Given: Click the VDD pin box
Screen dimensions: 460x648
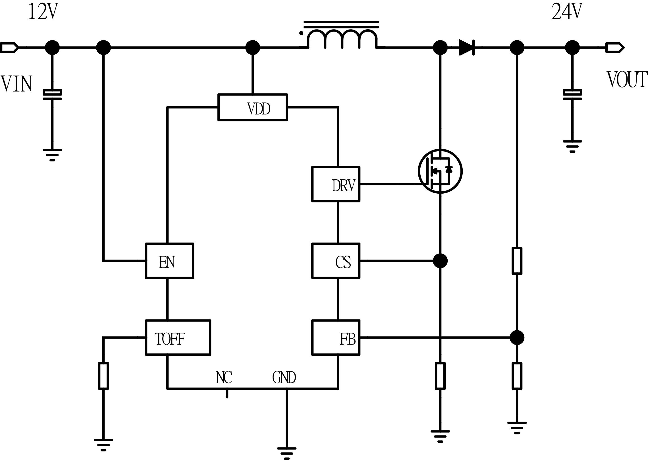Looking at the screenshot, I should point(252,107).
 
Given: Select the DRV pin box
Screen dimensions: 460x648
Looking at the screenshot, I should point(336,184).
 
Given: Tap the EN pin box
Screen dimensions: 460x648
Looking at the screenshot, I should point(169,261).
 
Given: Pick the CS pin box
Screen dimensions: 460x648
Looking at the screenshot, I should point(336,261).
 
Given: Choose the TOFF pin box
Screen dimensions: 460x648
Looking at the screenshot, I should point(178,337).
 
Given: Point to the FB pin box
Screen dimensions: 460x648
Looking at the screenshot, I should point(336,337).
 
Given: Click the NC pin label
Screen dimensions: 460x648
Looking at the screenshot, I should point(224,378).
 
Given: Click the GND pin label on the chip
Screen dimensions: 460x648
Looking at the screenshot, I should point(284,378).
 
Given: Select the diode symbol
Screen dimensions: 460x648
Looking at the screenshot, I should point(467,47).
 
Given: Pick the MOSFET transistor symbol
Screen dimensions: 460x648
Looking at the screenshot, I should point(440,171).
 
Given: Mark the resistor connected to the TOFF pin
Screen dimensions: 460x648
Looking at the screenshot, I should point(103,376).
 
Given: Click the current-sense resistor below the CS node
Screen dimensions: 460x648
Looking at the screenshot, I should point(440,376).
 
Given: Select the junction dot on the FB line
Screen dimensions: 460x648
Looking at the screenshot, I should point(517,337).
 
